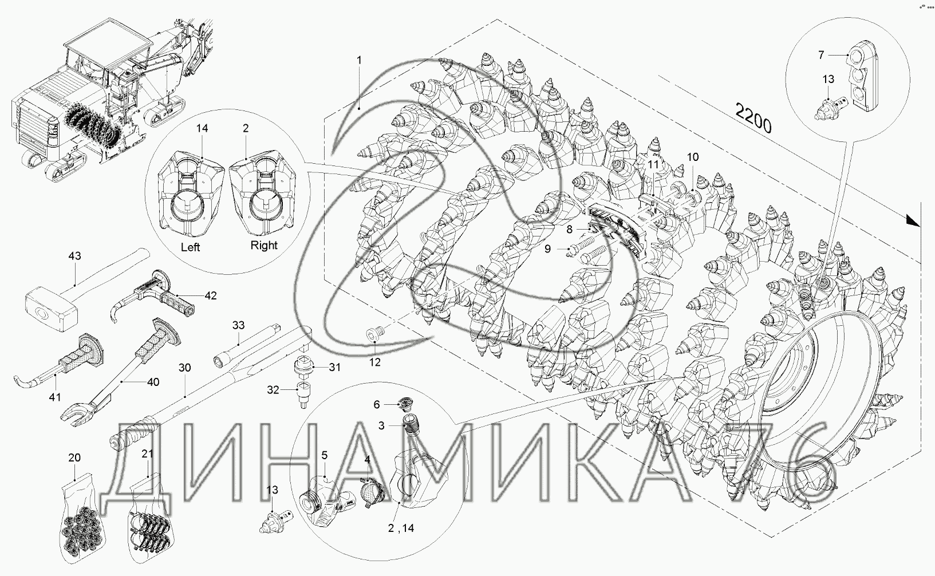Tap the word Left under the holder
click(x=190, y=247)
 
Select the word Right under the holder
click(x=264, y=246)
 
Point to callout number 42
click(x=210, y=295)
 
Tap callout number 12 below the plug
click(x=375, y=362)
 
